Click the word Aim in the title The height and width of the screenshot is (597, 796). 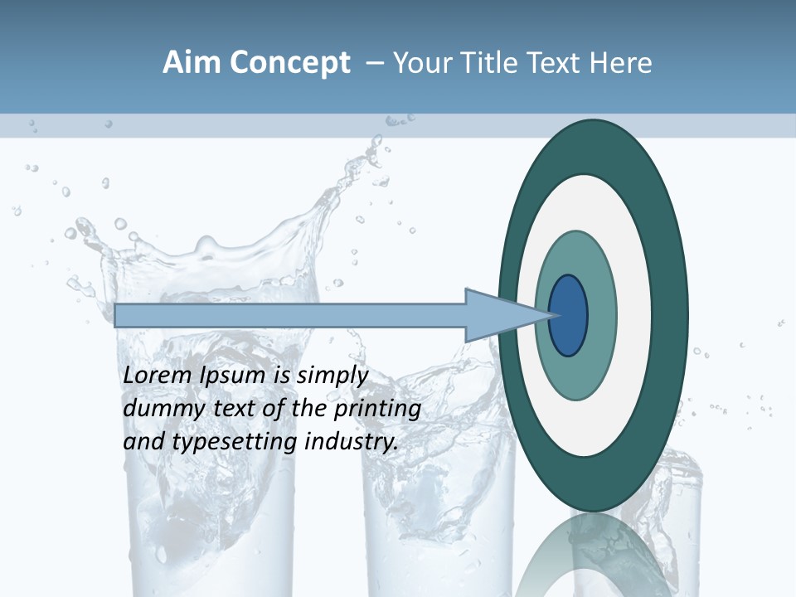click(x=191, y=63)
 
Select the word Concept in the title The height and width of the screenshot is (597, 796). click(x=290, y=64)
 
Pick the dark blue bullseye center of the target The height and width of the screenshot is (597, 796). click(x=568, y=315)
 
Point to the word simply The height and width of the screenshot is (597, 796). click(x=331, y=376)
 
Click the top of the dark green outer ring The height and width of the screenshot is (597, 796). click(x=594, y=137)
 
